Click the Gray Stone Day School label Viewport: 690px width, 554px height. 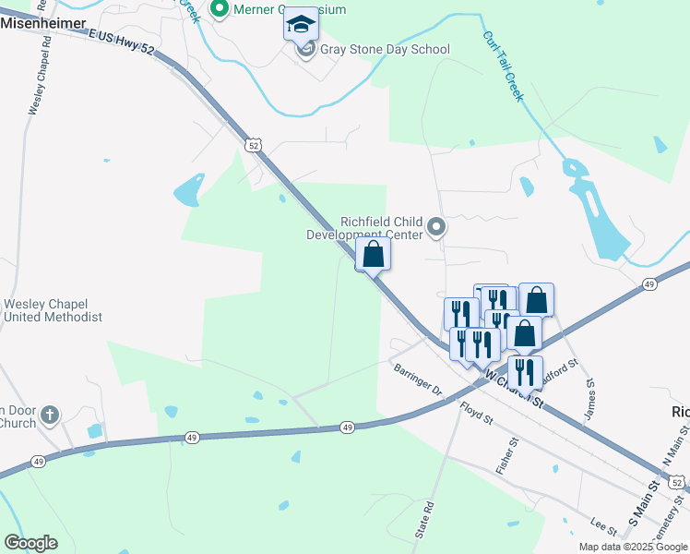point(385,50)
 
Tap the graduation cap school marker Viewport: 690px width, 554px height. point(300,25)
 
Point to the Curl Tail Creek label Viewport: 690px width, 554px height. point(502,66)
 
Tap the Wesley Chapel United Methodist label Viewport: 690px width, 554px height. point(52,310)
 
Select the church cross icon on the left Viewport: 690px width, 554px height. point(50,415)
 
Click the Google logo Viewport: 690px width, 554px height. point(30,543)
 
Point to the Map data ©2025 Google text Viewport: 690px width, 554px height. point(633,547)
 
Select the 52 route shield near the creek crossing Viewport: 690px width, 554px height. point(254,145)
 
